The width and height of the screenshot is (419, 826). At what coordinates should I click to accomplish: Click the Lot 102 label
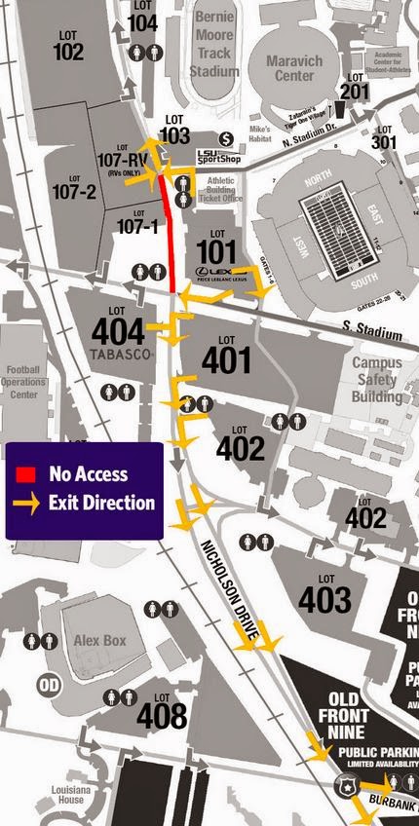click(x=68, y=46)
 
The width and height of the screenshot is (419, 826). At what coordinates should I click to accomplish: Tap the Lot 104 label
click(x=142, y=18)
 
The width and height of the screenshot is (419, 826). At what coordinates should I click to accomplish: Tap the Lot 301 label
click(x=385, y=136)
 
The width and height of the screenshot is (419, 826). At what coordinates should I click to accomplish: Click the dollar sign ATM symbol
click(x=226, y=138)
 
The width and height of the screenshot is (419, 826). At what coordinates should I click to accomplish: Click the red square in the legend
click(x=27, y=474)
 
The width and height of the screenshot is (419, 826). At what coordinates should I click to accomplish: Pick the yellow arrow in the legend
click(x=27, y=504)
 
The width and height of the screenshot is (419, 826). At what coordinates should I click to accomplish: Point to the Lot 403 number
click(x=324, y=597)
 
